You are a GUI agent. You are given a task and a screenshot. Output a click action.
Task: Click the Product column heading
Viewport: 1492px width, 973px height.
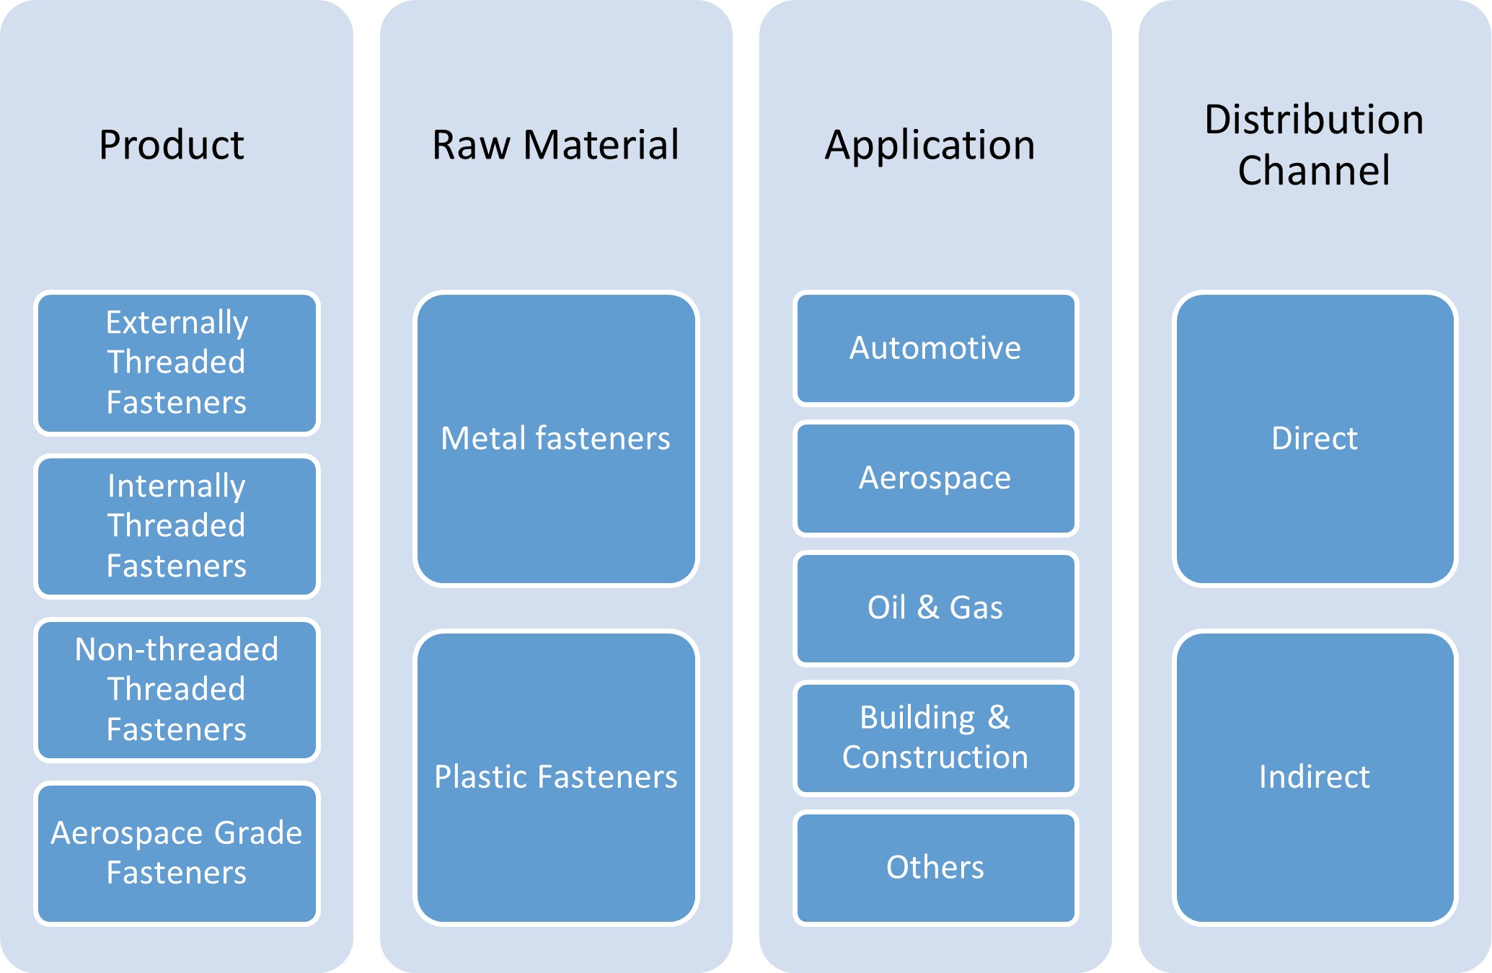click(x=172, y=145)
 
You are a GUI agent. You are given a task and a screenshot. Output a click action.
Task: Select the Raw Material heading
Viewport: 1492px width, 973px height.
click(x=555, y=145)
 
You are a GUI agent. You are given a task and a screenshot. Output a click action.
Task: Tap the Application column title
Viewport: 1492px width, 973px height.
click(x=930, y=145)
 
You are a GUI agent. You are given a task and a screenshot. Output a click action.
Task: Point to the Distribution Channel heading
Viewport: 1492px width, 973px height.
click(x=1314, y=145)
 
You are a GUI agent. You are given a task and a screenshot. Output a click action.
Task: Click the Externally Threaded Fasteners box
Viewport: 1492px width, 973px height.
click(x=177, y=363)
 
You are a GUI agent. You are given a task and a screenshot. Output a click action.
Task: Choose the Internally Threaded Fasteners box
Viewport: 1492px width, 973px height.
click(x=177, y=526)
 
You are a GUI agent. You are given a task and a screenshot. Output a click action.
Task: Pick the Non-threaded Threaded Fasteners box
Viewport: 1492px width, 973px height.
click(x=177, y=690)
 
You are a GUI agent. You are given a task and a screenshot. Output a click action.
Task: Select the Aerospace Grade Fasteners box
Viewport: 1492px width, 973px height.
click(x=177, y=853)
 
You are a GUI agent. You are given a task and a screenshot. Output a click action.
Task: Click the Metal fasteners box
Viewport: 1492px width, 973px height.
click(x=556, y=438)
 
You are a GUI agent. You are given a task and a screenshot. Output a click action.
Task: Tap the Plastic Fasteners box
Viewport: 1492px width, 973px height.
click(x=556, y=777)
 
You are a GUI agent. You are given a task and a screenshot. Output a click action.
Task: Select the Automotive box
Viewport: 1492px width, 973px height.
click(x=935, y=348)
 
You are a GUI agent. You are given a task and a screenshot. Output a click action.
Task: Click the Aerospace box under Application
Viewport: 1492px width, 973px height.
click(x=935, y=478)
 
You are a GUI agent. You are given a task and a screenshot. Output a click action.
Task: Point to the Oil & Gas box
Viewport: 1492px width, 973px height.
click(x=935, y=608)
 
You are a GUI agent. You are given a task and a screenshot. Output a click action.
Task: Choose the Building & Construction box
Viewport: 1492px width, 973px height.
click(x=935, y=737)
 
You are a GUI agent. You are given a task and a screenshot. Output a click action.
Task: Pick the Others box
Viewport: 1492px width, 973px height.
click(x=935, y=867)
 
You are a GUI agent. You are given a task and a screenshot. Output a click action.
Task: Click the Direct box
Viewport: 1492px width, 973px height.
click(x=1315, y=438)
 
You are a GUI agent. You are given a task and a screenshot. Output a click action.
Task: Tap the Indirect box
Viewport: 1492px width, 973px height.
click(x=1315, y=777)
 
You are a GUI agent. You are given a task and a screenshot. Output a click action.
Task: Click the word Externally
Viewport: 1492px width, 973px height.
click(x=177, y=322)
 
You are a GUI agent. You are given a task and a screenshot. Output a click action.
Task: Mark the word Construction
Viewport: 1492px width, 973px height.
click(x=935, y=757)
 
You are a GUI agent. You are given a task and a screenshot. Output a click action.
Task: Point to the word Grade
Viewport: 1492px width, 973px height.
click(x=258, y=833)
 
